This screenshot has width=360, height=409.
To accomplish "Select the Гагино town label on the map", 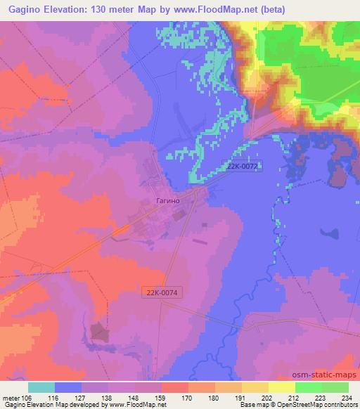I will [x=169, y=201].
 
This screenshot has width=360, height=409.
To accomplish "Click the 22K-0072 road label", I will [x=243, y=167].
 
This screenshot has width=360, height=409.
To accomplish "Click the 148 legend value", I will [x=134, y=398].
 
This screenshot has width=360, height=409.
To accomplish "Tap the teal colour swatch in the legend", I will [x=42, y=387].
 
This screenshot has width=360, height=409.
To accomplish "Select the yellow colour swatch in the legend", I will [x=281, y=387].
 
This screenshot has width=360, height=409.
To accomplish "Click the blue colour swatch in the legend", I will [x=69, y=387].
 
